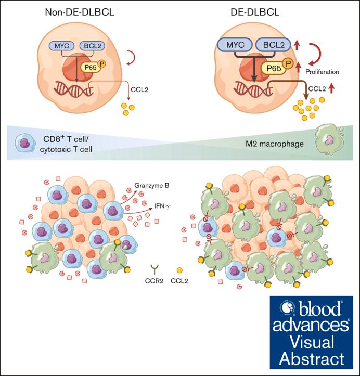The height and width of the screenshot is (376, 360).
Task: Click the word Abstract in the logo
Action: [x=312, y=359]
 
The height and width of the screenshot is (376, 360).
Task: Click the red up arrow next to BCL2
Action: [x=295, y=45]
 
